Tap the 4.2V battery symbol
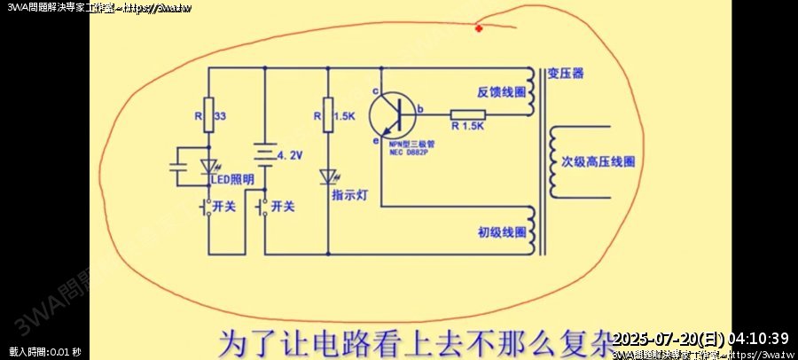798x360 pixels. tap(266, 156)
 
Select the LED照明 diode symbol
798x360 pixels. tap(209, 166)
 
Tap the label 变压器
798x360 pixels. tap(566, 73)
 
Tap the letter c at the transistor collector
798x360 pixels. tap(376, 91)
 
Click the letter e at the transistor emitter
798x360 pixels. tap(375, 140)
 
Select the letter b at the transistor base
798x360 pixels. tap(419, 109)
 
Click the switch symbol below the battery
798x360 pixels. tap(263, 209)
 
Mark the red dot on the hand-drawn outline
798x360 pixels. tap(479, 29)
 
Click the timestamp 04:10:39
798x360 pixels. tap(758, 339)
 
